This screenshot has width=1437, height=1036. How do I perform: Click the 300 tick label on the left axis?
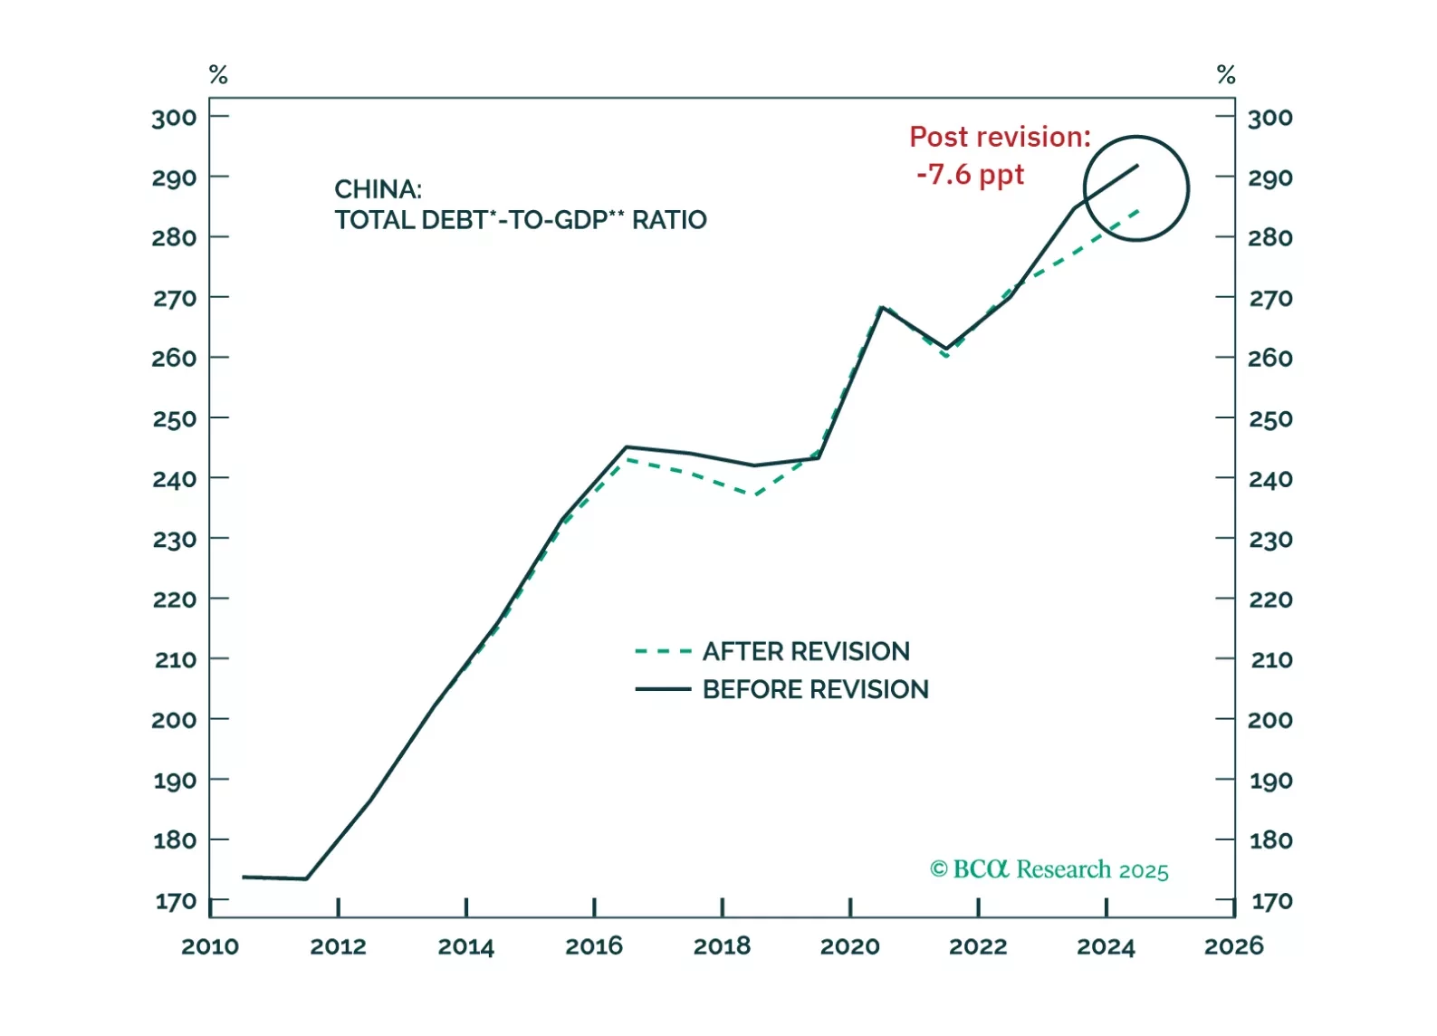174,118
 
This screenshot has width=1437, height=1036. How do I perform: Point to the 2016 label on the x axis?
594,946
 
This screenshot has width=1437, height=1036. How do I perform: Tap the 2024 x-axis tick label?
1106,946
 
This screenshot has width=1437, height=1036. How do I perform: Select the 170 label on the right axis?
1270,901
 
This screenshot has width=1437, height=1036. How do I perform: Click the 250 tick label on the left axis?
174,419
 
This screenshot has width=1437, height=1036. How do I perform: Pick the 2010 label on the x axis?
210,946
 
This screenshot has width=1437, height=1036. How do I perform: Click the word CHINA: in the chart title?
378,189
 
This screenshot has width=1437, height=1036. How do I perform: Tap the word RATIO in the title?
669,220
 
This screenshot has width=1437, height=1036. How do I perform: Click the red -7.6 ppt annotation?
970,174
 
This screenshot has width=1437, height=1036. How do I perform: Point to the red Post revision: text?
1000,137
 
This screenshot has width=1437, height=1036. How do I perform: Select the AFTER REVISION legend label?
806,651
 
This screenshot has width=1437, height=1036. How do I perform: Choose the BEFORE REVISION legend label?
815,689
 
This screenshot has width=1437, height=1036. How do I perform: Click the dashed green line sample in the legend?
663,651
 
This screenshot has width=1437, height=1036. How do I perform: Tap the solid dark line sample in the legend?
663,689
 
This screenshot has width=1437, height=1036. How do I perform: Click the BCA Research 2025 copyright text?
1049,869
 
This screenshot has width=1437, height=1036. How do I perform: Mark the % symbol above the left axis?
218,74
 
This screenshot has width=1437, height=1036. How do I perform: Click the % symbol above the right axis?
1226,74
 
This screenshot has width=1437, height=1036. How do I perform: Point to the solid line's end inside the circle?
1137,166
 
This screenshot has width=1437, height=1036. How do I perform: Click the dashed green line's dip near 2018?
753,494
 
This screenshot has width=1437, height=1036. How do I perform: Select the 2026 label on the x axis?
1233,946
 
